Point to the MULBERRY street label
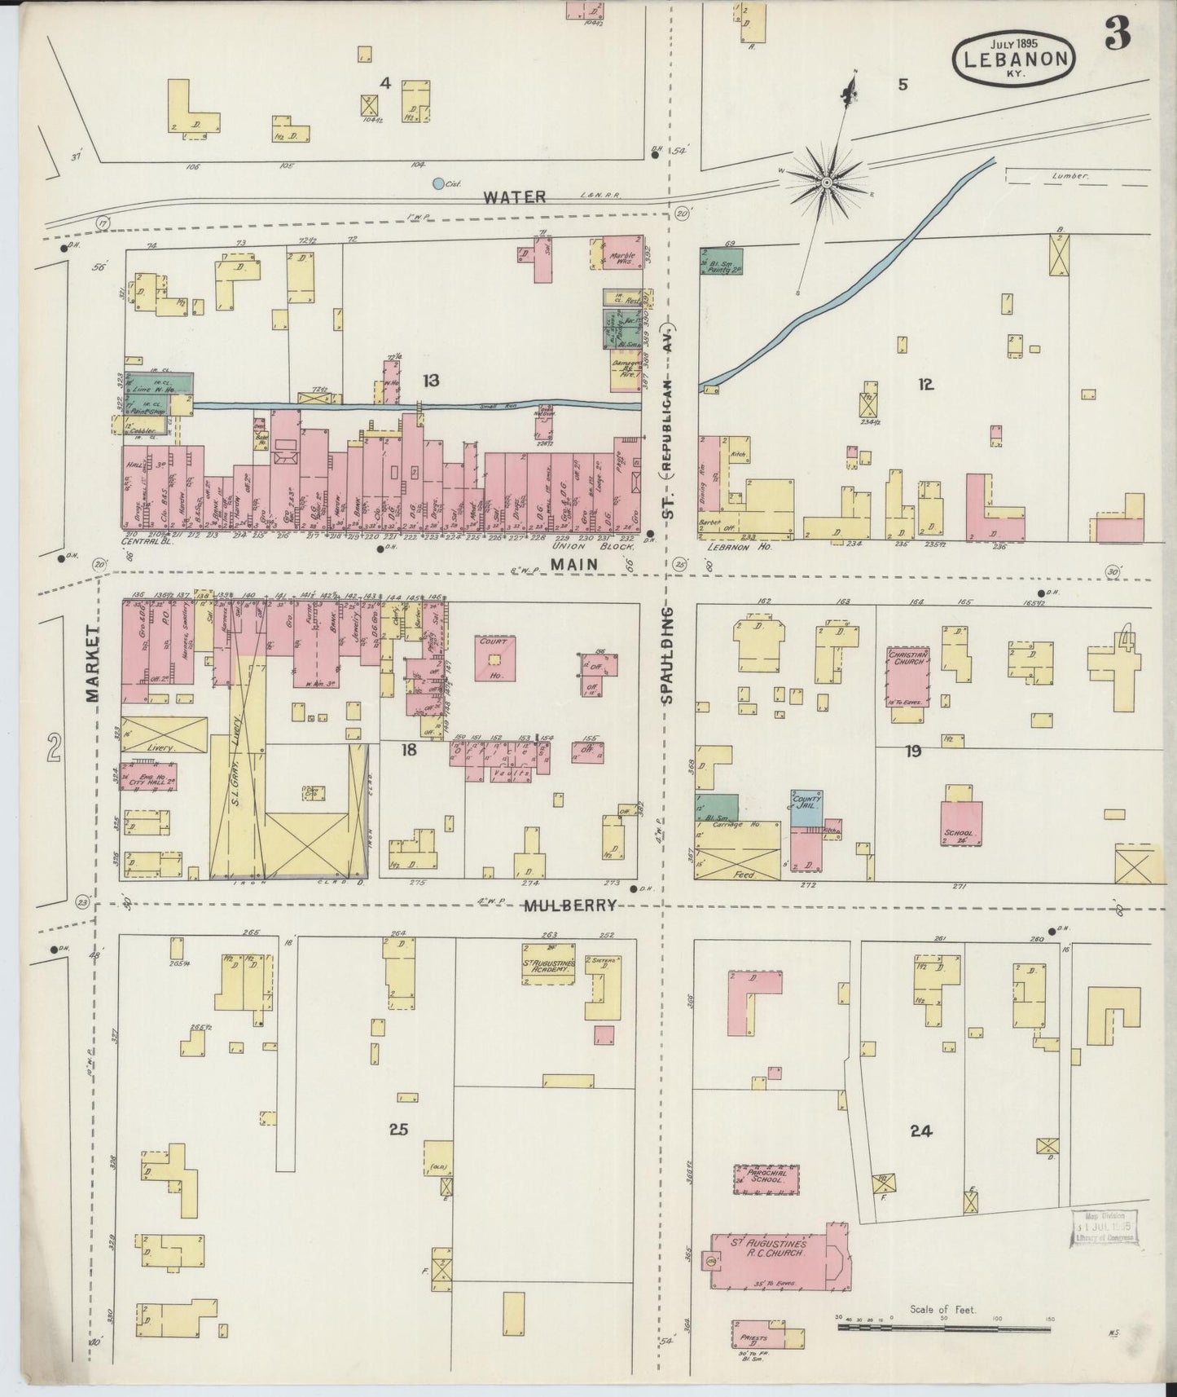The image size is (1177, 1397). click(x=569, y=906)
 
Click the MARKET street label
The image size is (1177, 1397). click(x=91, y=663)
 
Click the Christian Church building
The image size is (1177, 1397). click(x=908, y=677)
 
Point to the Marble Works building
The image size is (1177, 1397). click(x=621, y=258)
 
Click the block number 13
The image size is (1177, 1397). click(x=430, y=380)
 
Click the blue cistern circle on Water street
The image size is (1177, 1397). click(x=438, y=184)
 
